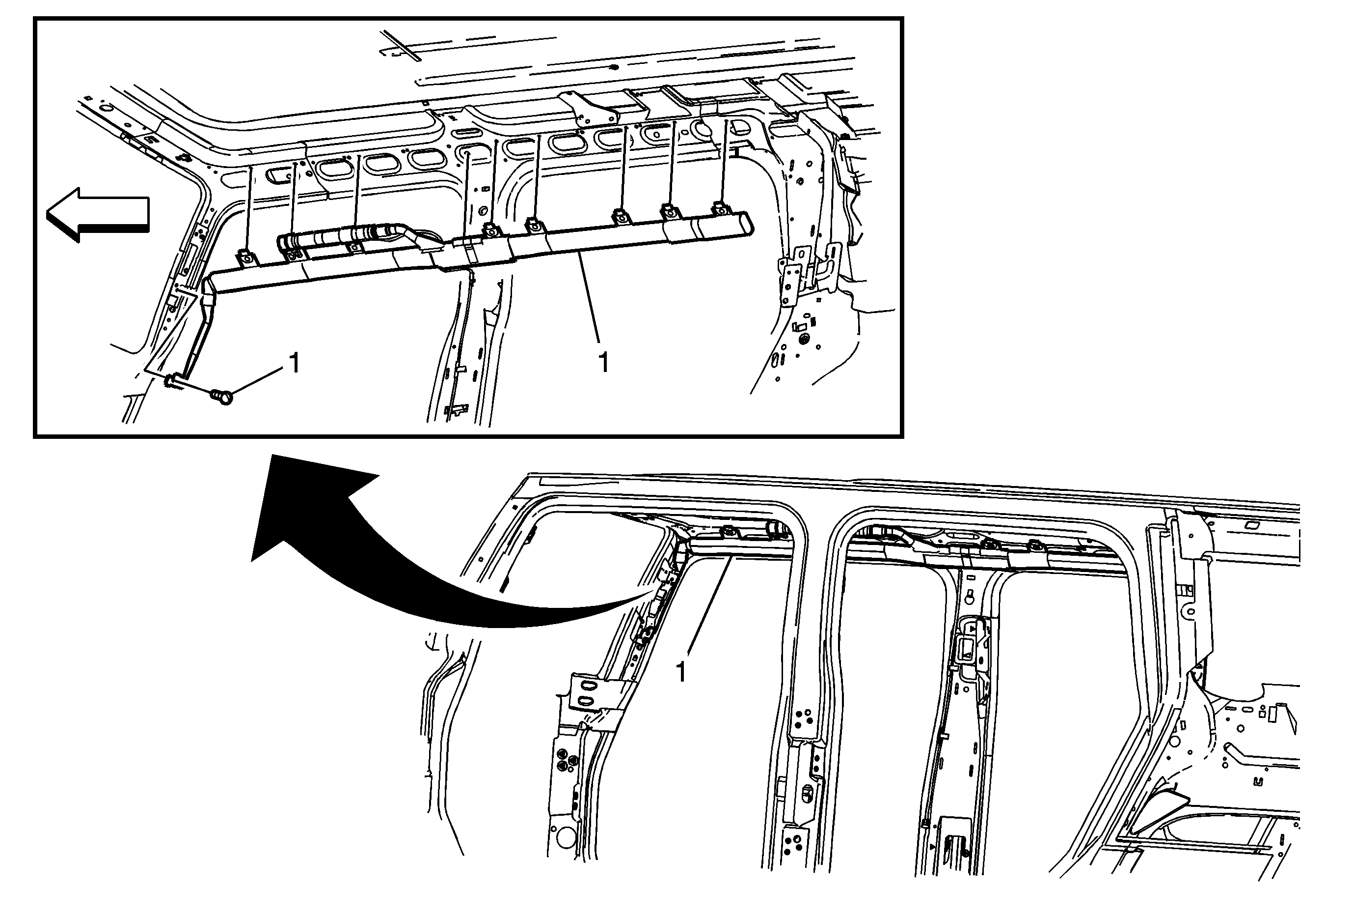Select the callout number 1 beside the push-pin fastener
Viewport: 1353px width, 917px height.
click(x=295, y=363)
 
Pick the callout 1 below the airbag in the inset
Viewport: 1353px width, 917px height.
click(x=604, y=362)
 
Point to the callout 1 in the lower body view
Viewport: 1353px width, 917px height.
click(x=680, y=672)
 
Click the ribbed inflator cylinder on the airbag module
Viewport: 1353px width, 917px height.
click(x=338, y=237)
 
